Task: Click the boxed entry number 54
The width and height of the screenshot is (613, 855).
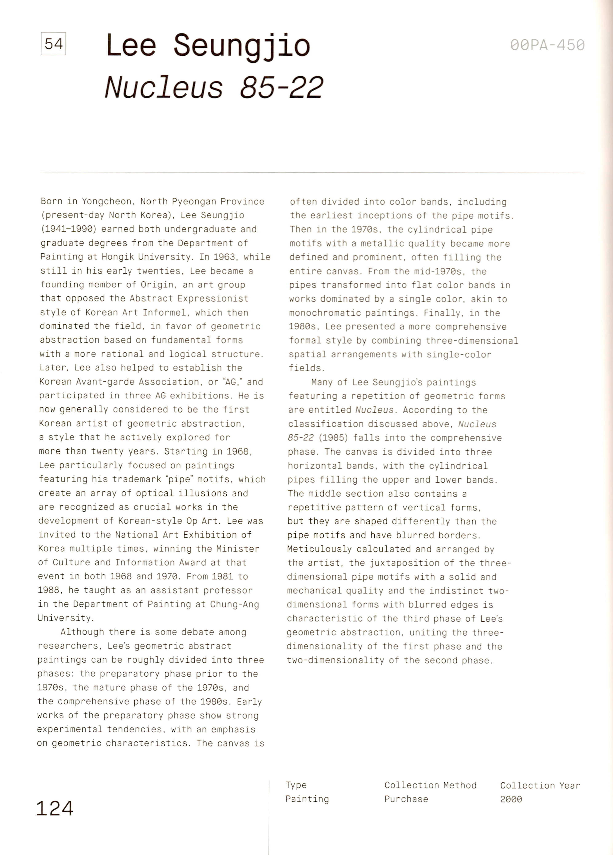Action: tap(53, 44)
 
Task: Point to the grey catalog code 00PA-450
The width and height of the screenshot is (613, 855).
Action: tap(547, 45)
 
